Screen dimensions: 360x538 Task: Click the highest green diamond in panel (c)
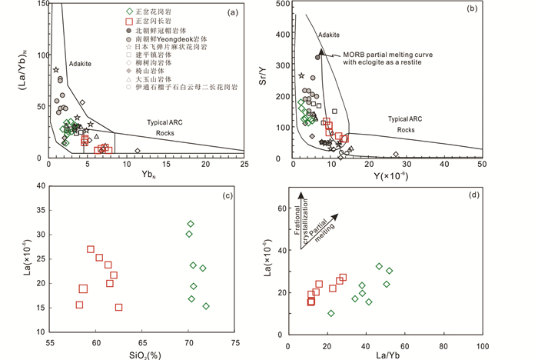(x=191, y=224)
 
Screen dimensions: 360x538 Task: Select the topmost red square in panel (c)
(x=91, y=249)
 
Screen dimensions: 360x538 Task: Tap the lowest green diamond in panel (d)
(x=330, y=313)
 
